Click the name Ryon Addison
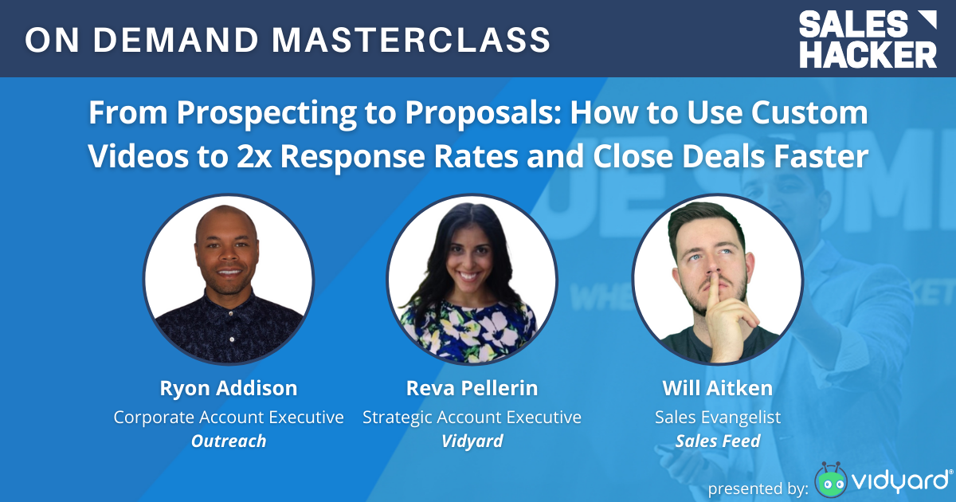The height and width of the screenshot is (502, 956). pos(229,389)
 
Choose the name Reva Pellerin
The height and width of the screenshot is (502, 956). pos(472,389)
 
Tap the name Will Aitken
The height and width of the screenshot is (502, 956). pos(717,389)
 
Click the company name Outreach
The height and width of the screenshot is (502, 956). pos(229,441)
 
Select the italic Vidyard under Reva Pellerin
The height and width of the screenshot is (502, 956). pos(472,441)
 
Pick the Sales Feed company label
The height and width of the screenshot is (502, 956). pos(717,441)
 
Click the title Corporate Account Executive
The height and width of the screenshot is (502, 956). pos(229,417)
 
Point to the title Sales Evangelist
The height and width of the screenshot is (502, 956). pos(717,417)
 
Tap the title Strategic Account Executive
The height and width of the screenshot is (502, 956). pos(472,417)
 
